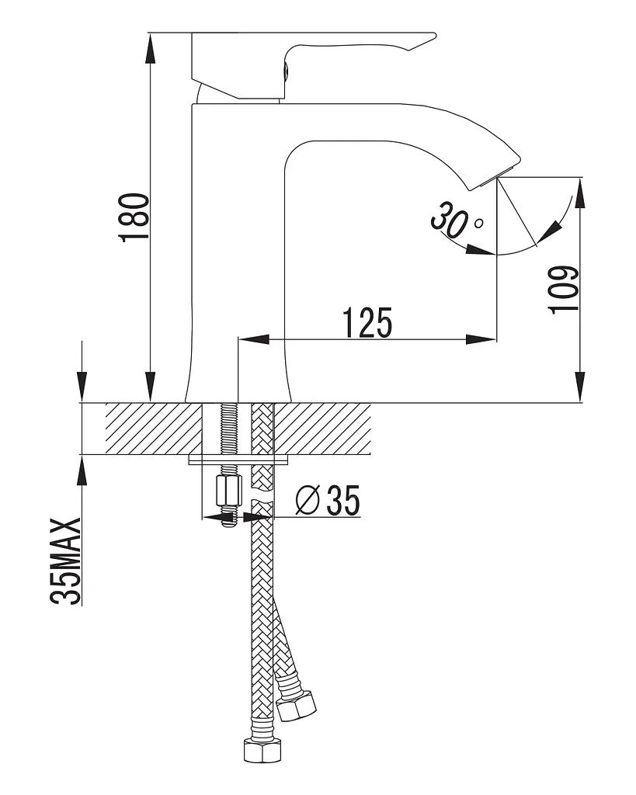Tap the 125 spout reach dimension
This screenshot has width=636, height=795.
pos(368,322)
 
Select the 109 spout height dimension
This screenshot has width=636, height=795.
pos(564,290)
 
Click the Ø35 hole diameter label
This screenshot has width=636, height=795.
pos(328,500)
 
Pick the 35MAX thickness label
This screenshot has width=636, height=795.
pos(66,561)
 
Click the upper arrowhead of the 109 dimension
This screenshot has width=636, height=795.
pos(581,193)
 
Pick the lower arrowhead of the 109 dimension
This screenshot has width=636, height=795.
pos(581,387)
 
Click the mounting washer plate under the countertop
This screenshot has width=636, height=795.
pos(238,460)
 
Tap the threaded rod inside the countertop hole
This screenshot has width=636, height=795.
pos(228,429)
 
